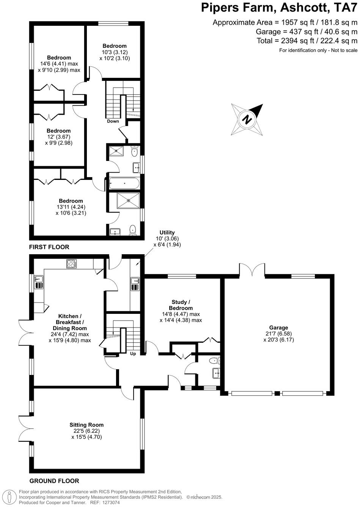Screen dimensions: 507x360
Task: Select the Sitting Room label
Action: coord(86,425)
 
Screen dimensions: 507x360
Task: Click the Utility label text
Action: coord(167,233)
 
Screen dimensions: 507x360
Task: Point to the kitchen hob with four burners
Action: coord(71,264)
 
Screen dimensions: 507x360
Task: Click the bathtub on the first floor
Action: coord(124,183)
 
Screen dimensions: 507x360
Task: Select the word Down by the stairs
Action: coord(113,121)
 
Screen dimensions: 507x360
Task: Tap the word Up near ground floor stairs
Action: coord(133,354)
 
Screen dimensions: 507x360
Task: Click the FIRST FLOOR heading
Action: coord(49,247)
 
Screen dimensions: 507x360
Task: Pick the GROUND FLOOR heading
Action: coord(54,481)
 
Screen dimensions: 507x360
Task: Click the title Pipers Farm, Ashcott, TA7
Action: coord(278,8)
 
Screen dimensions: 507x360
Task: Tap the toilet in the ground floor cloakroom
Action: coord(215,361)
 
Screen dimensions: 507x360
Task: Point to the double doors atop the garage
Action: coord(252,270)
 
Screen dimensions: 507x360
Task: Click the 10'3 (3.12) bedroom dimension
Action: coord(114,52)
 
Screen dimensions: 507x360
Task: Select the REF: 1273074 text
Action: coord(104,502)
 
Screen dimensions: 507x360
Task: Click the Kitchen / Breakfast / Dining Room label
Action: coord(69,322)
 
